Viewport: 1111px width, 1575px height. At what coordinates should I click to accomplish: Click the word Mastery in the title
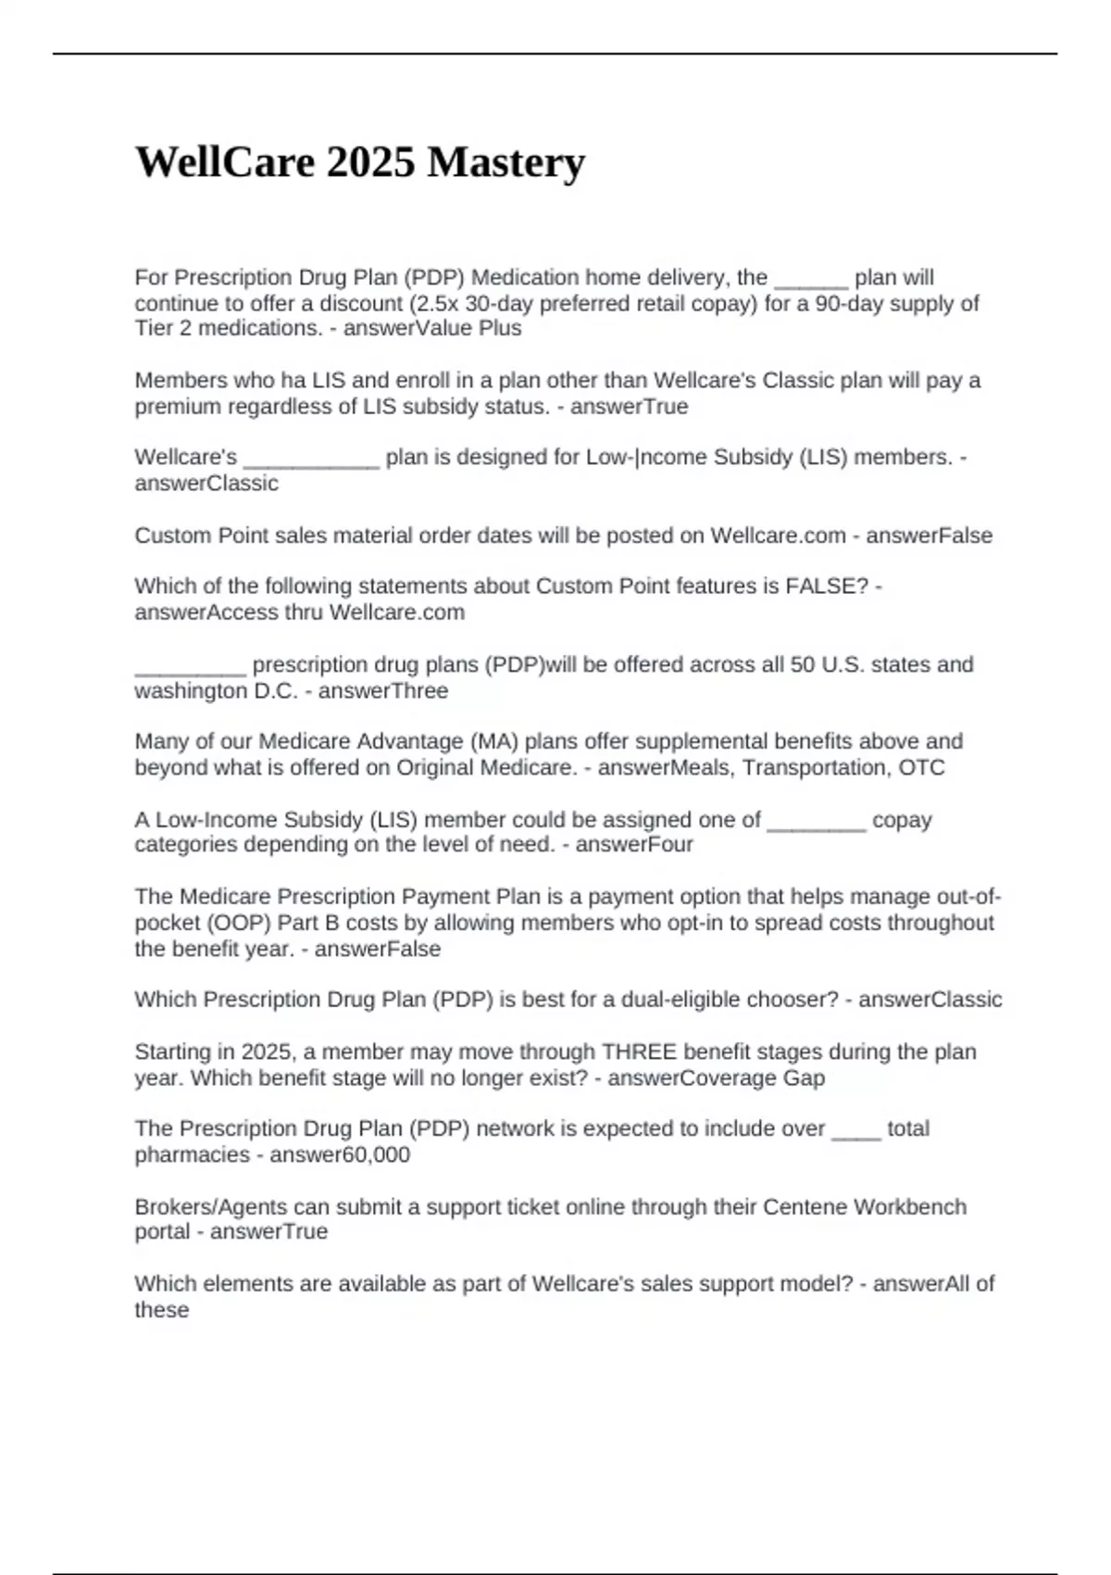tap(506, 162)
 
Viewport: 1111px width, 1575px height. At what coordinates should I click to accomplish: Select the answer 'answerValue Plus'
tap(432, 329)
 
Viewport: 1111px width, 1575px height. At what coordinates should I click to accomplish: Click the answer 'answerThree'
tap(382, 691)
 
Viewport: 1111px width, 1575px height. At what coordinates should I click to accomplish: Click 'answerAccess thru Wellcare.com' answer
tap(299, 612)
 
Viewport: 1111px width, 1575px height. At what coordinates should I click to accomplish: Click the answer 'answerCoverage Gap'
tap(716, 1078)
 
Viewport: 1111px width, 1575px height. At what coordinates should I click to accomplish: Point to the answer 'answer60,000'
tap(340, 1155)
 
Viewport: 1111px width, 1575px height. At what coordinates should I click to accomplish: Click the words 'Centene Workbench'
tap(864, 1207)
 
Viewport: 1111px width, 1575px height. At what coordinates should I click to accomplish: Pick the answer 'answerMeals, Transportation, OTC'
tap(771, 768)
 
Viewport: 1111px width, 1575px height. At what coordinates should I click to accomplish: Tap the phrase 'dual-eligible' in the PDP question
tap(680, 1000)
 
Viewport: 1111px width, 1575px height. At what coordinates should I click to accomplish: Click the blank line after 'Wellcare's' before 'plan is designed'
tap(311, 461)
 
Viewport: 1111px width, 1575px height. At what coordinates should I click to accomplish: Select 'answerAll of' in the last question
tap(933, 1284)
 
